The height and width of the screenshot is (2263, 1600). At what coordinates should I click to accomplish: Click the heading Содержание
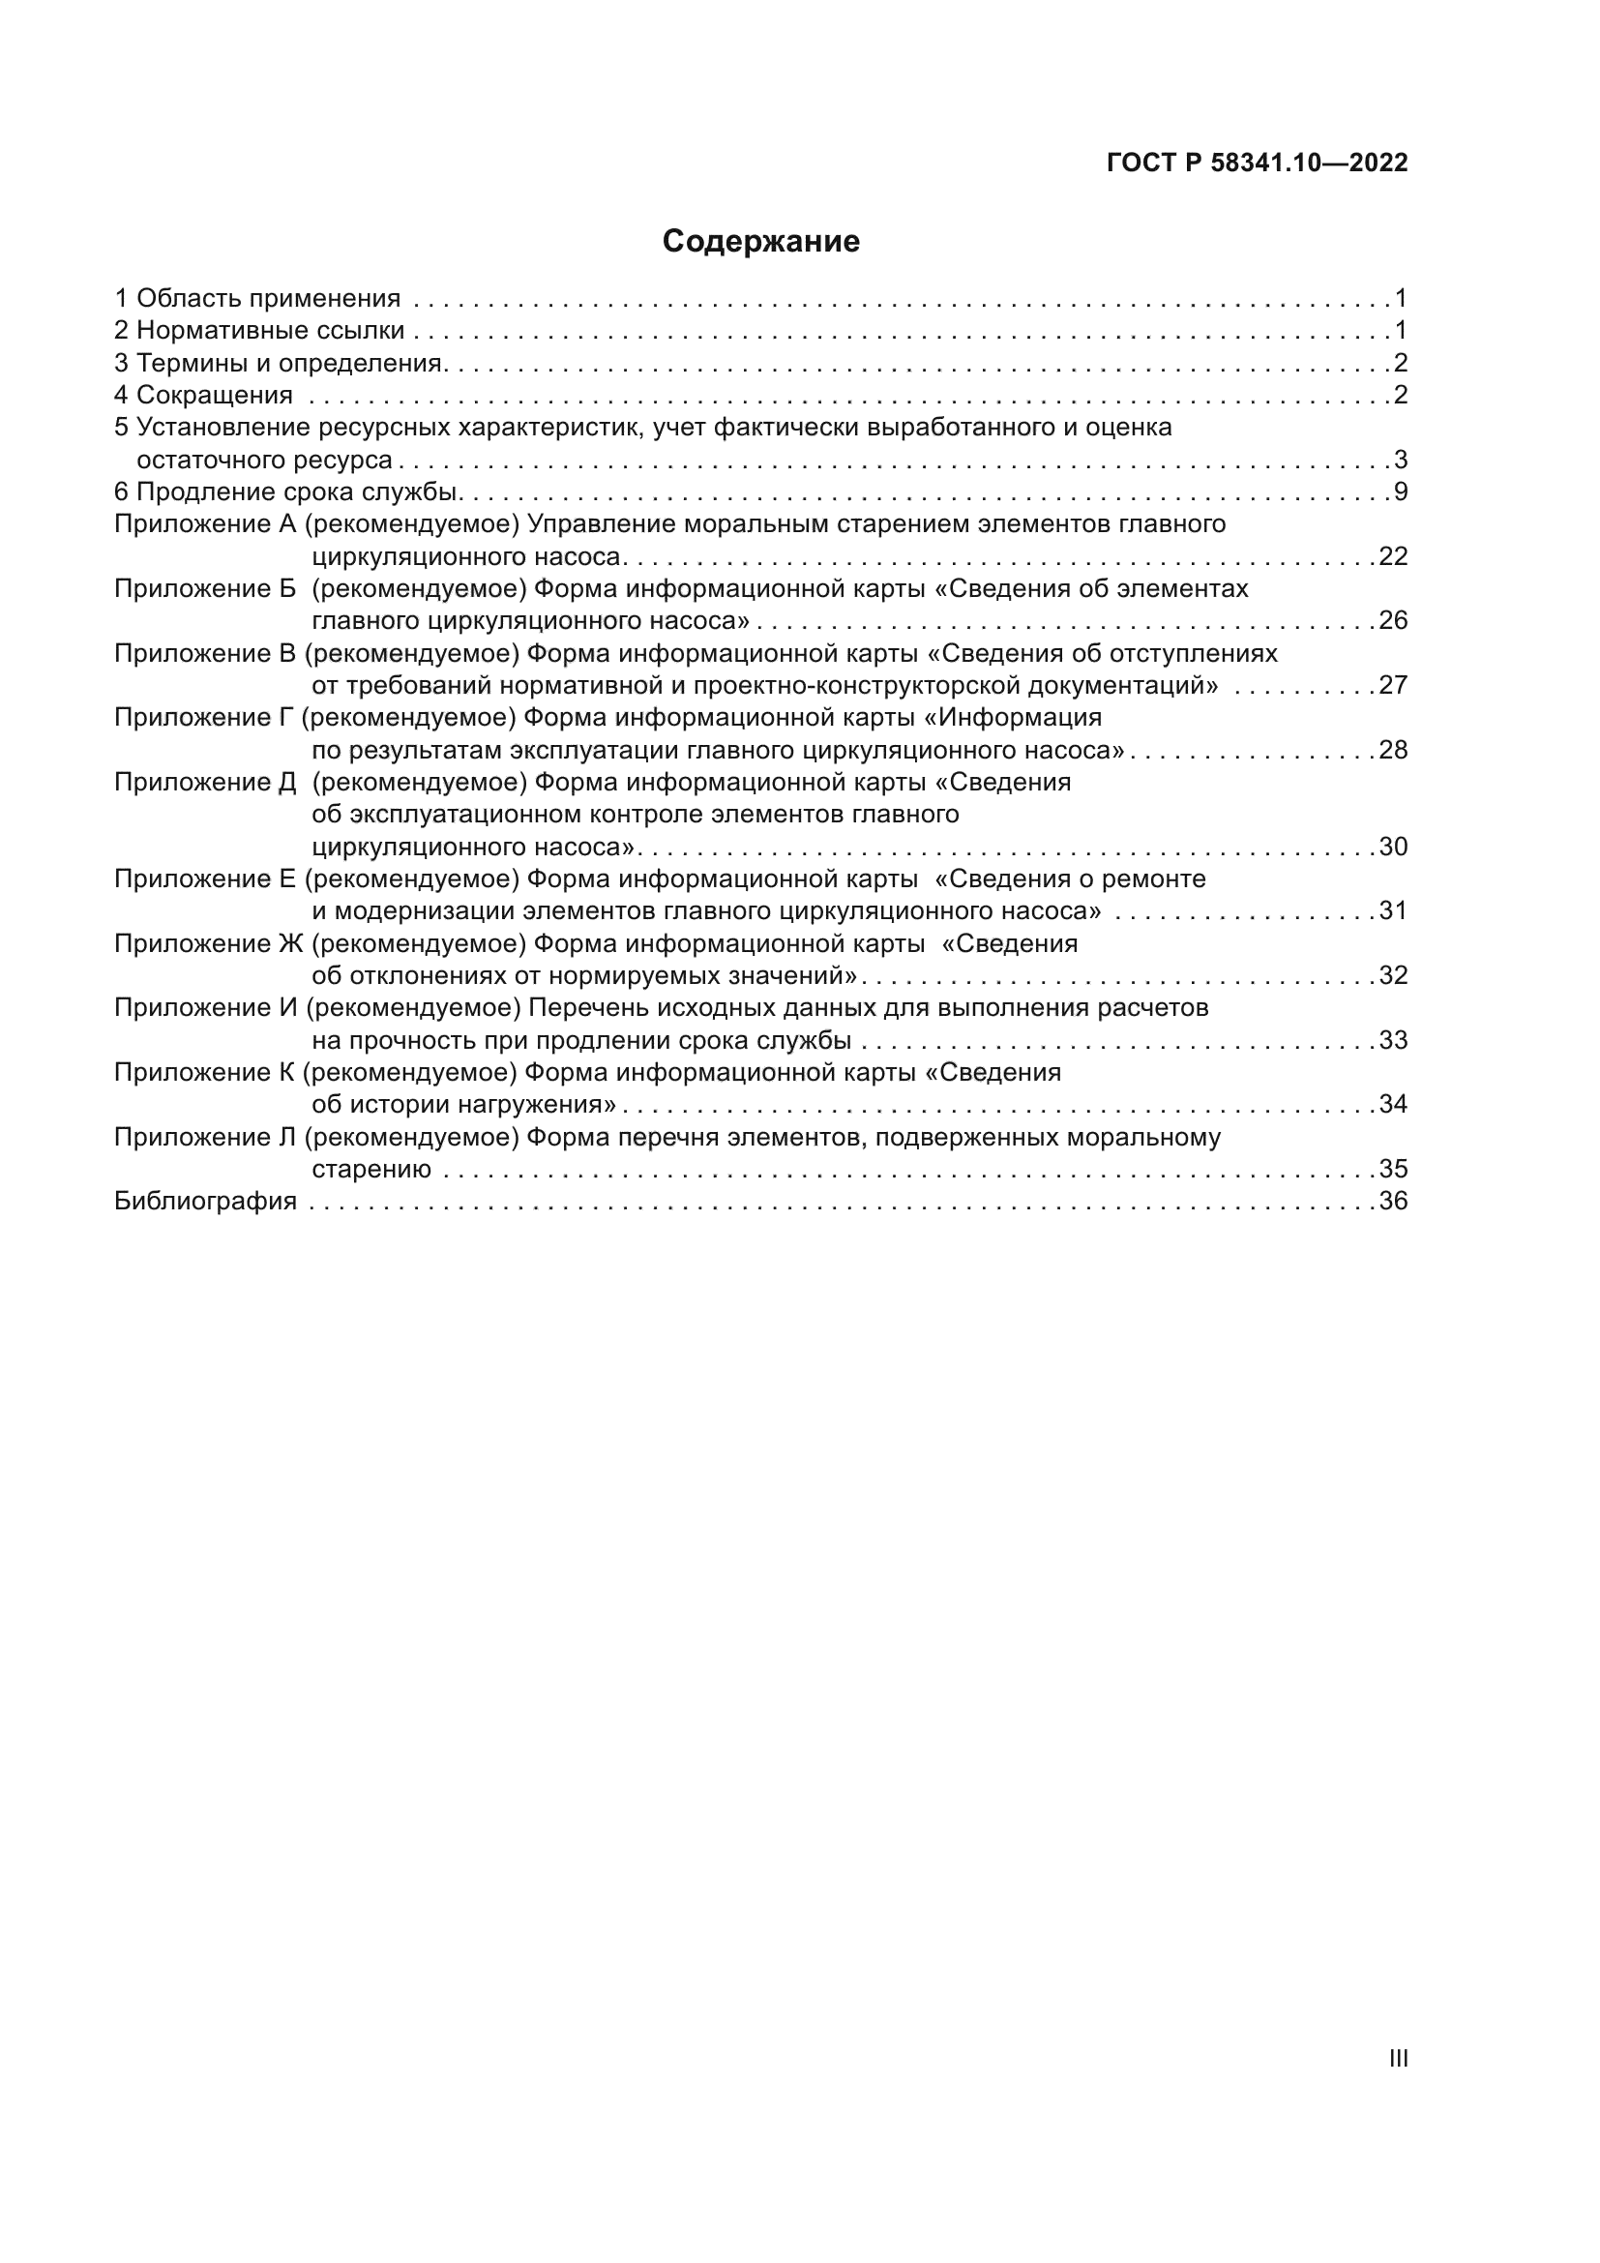point(760,242)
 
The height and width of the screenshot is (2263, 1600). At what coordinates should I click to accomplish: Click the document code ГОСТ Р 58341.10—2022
point(1258,163)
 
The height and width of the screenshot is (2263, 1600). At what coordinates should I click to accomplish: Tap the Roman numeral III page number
point(1397,2058)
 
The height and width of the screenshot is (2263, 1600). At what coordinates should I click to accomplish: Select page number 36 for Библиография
point(1393,1201)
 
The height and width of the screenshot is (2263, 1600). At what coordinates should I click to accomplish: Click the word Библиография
point(205,1201)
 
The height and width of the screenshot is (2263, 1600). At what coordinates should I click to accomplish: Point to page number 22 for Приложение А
point(1393,556)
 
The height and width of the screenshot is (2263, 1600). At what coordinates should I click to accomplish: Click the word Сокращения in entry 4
point(214,396)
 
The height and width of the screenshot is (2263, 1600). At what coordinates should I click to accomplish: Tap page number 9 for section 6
point(1401,491)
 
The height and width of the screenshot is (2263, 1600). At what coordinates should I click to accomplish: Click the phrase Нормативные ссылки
point(270,330)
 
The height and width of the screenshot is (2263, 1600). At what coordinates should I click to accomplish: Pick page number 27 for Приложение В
point(1393,685)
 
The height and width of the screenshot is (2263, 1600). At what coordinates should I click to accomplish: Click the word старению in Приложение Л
point(371,1169)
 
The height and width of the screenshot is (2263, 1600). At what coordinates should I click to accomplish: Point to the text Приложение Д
point(205,782)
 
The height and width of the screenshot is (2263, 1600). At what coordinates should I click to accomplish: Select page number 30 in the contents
point(1393,847)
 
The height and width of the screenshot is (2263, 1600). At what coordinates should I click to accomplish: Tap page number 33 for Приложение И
point(1393,1040)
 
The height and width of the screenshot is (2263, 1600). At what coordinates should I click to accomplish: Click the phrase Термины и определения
point(287,363)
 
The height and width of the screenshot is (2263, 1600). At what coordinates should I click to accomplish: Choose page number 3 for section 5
point(1401,460)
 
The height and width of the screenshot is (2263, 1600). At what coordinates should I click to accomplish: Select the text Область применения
point(268,298)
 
